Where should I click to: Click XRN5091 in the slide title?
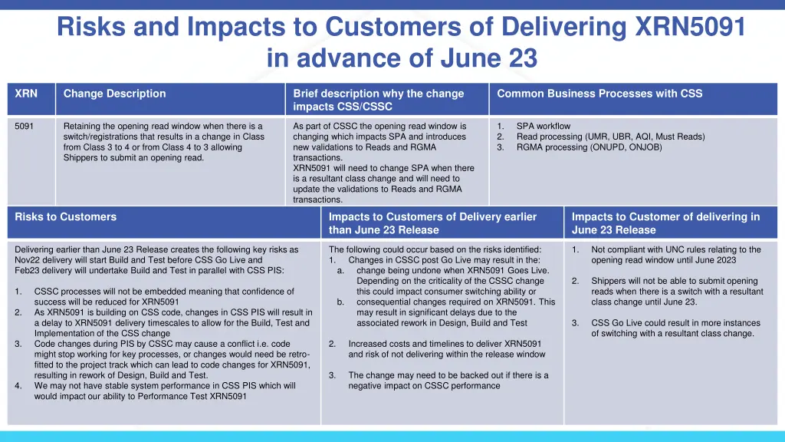click(x=690, y=27)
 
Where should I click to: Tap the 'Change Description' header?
click(x=114, y=94)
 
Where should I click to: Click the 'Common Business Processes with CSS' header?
click(x=599, y=94)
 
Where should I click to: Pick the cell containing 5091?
click(x=25, y=126)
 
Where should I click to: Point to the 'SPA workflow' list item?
click(x=543, y=126)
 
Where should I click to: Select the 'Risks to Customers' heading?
click(x=66, y=217)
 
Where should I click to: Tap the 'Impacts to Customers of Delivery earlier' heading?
click(x=432, y=217)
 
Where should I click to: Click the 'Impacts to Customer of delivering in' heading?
click(x=665, y=217)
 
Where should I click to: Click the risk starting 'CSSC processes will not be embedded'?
click(x=163, y=292)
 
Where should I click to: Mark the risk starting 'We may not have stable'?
click(x=164, y=386)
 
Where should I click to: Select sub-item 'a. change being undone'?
click(x=452, y=270)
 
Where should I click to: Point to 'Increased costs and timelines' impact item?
click(x=445, y=344)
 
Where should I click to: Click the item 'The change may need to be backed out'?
click(x=448, y=375)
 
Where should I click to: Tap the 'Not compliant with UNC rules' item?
click(x=675, y=249)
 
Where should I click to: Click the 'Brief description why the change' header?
click(x=378, y=94)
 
